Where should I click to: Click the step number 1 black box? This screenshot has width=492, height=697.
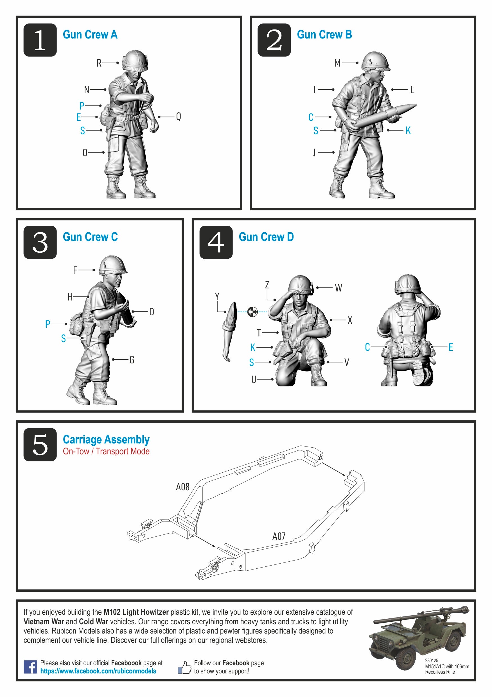[40, 40]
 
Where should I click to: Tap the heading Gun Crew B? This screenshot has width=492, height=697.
[324, 35]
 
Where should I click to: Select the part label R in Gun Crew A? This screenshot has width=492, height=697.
[99, 63]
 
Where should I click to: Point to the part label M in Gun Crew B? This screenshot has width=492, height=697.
[337, 63]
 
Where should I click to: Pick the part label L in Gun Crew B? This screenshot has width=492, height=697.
[412, 90]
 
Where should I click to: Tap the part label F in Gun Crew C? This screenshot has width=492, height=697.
[75, 270]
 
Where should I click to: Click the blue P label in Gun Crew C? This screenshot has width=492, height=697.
[48, 324]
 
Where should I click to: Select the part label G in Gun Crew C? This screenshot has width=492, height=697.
[132, 360]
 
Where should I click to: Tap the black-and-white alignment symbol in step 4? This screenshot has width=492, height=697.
[252, 312]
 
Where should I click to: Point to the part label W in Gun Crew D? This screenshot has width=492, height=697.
[338, 288]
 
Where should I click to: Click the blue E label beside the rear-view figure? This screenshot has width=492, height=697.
[451, 347]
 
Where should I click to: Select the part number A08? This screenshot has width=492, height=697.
[183, 487]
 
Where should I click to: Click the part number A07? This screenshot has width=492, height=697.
[279, 536]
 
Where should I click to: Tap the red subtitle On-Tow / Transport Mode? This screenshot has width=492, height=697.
[106, 451]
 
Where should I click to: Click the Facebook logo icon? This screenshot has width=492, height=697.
[30, 667]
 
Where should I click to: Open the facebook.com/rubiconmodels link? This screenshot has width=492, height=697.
[98, 671]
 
